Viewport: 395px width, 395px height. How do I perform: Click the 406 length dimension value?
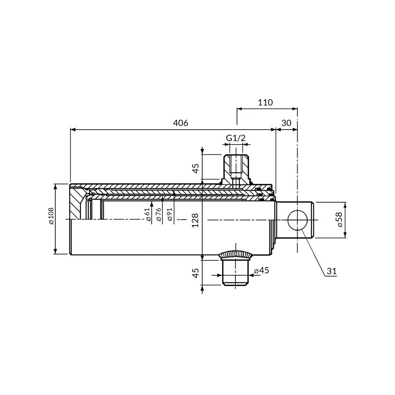[x=181, y=123]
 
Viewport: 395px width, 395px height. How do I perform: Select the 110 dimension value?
[x=265, y=103]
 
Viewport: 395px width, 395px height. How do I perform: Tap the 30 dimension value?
[x=286, y=123]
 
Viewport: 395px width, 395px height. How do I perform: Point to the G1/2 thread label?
[x=235, y=138]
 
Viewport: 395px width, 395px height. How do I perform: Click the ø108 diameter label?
[x=51, y=216]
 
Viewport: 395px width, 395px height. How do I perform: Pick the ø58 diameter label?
[x=339, y=220]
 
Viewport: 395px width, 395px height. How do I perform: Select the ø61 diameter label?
[x=148, y=214]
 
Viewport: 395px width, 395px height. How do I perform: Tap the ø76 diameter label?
[x=158, y=214]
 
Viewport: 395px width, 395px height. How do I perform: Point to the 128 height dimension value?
[x=195, y=220]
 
